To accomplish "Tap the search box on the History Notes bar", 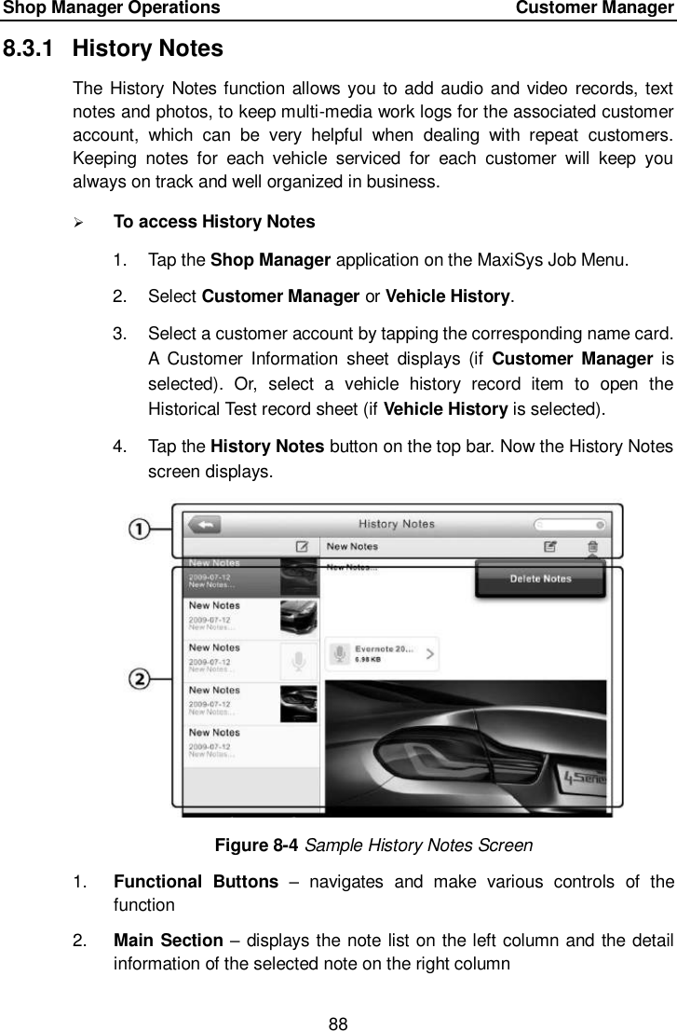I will click(x=569, y=525).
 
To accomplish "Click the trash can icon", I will click(x=593, y=547).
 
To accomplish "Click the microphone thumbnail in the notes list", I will click(x=298, y=661).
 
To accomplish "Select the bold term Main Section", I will click(x=161, y=940).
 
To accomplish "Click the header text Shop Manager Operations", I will click(x=111, y=8).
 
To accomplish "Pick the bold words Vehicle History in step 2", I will click(x=454, y=296).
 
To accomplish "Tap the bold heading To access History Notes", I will click(x=213, y=222).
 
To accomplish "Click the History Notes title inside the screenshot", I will click(x=397, y=525).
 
